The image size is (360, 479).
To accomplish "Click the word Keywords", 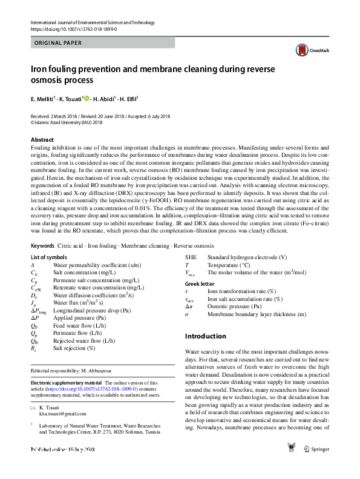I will coord(42,246).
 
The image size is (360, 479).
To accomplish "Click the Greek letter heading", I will coord(199,283).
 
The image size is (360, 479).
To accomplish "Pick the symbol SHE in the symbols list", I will coord(191,257).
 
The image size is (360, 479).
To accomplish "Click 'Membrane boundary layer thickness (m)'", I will coord(257,315).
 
